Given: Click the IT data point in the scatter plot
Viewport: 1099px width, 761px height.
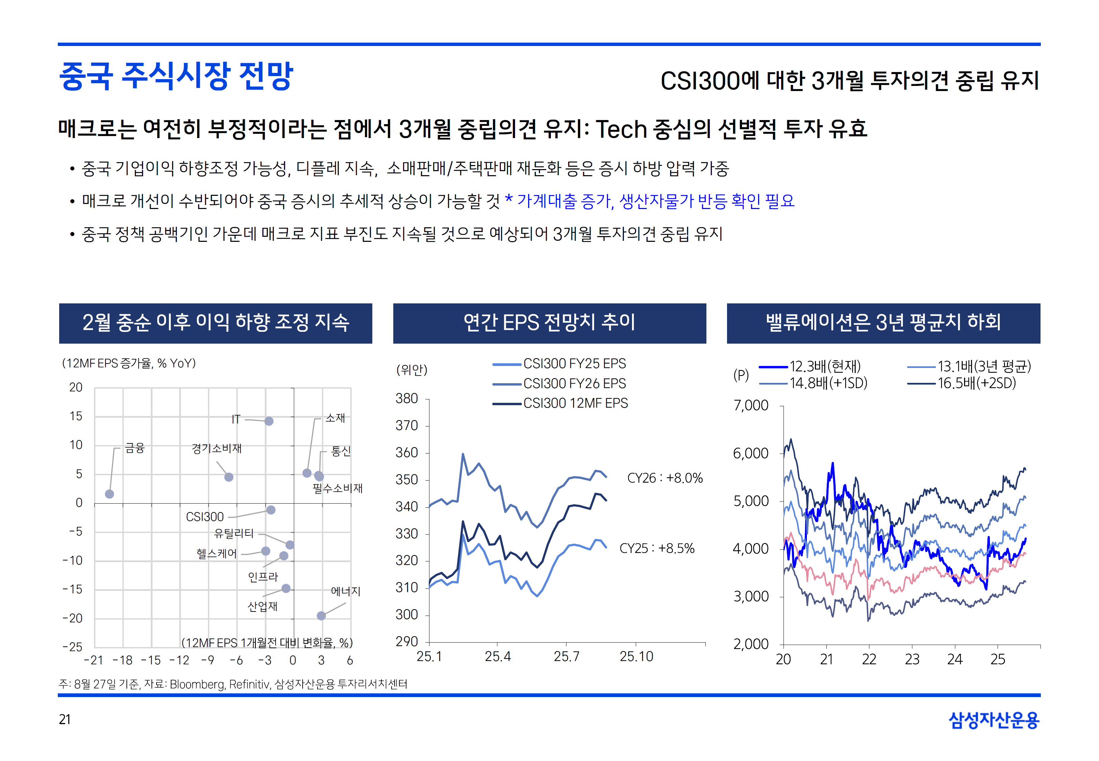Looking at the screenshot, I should [x=269, y=421].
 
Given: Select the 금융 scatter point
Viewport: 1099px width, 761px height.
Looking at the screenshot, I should [x=110, y=494].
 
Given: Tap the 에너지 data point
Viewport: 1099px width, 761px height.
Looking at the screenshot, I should [x=321, y=616].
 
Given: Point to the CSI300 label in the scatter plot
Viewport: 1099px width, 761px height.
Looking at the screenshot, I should [x=205, y=517].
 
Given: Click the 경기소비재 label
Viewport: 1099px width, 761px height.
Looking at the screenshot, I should [x=216, y=448].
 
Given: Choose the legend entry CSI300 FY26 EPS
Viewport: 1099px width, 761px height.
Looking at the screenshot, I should [x=574, y=383].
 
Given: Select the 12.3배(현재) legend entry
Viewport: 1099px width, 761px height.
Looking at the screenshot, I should [x=824, y=366].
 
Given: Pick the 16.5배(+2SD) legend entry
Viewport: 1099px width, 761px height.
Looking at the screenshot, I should [x=976, y=383].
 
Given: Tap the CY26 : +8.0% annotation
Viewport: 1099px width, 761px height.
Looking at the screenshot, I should [x=665, y=478].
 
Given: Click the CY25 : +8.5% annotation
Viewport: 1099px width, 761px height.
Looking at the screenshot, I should [x=657, y=548].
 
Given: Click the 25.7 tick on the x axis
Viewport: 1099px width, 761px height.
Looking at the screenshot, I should [x=566, y=656].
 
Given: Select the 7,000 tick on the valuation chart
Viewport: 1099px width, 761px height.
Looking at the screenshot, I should [x=751, y=405].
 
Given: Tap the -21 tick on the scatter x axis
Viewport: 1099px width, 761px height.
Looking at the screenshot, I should [x=93, y=661].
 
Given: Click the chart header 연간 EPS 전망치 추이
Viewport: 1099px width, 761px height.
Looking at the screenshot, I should [x=549, y=323].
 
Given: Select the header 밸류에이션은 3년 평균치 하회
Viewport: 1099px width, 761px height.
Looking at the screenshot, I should [x=883, y=323].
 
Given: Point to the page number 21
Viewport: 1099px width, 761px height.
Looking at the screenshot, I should [x=65, y=719].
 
